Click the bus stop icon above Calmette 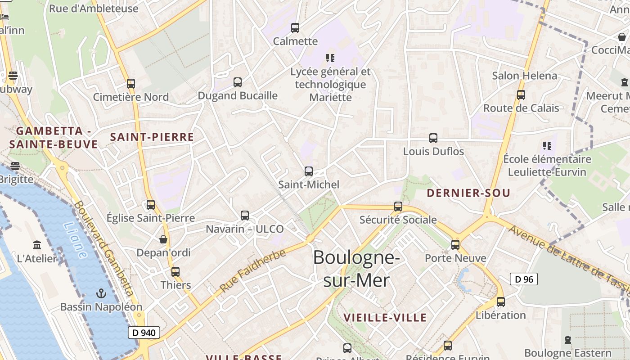pos(295,28)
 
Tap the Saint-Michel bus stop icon pos(309,171)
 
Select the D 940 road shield pos(144,333)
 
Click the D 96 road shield pos(524,279)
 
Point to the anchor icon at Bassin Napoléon pos(101,293)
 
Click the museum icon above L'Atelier pos(37,245)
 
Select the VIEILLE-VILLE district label pos(385,318)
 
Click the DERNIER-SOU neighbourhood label pos(468,193)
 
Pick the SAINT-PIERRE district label pos(152,137)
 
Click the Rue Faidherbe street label pos(253,271)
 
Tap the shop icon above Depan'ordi pos(163,239)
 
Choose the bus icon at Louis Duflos pos(433,138)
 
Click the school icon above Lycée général pos(331,58)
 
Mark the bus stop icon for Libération pos(501,302)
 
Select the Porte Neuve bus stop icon pos(455,245)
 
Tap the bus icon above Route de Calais pos(521,95)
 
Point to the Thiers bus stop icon pos(175,272)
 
